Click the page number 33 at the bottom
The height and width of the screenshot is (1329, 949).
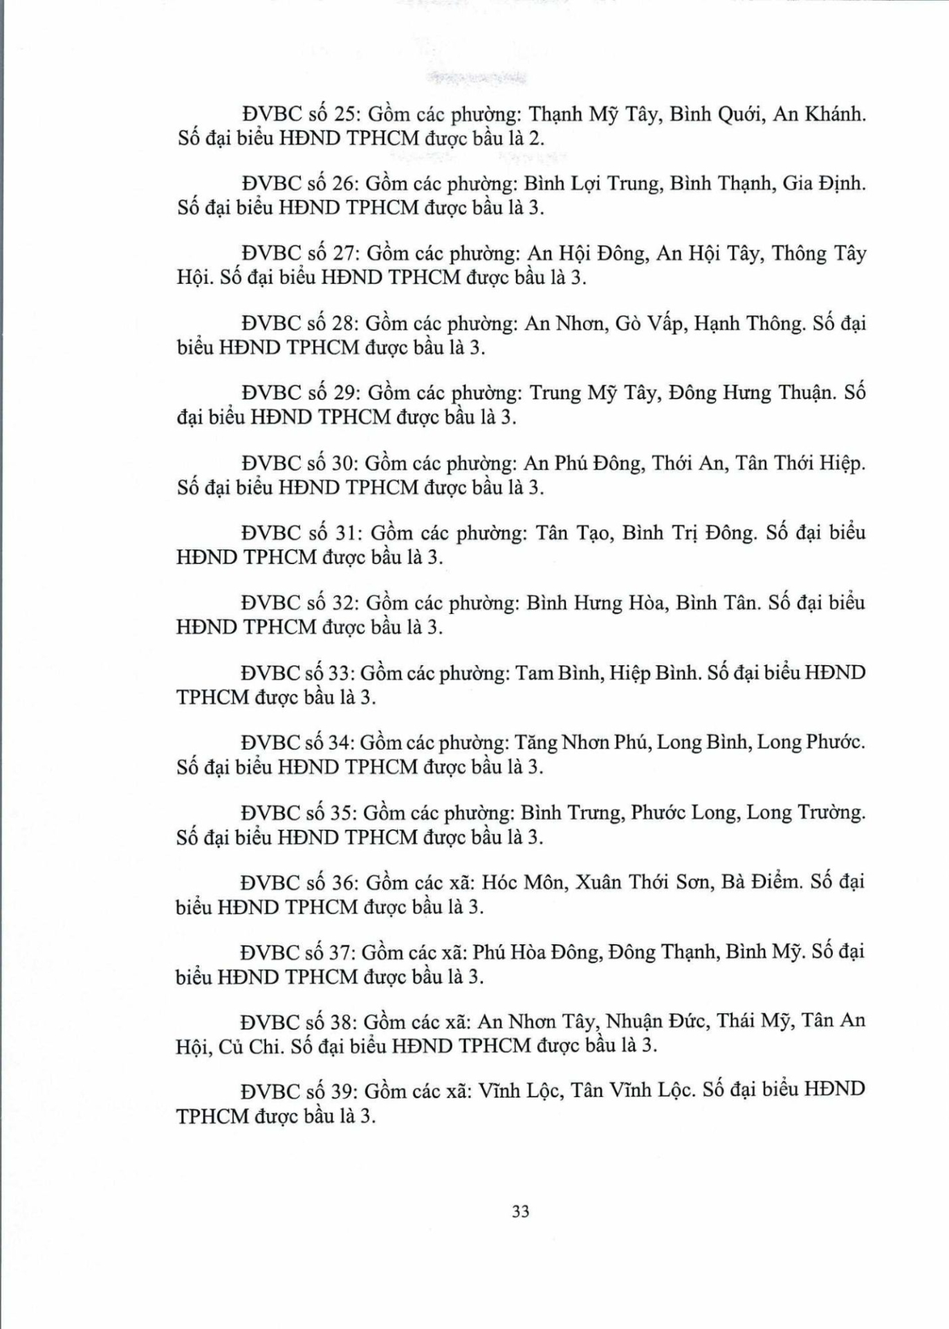coord(521,1211)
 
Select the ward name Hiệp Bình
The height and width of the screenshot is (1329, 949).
coord(654,673)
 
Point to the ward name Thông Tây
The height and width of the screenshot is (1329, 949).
coord(819,254)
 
